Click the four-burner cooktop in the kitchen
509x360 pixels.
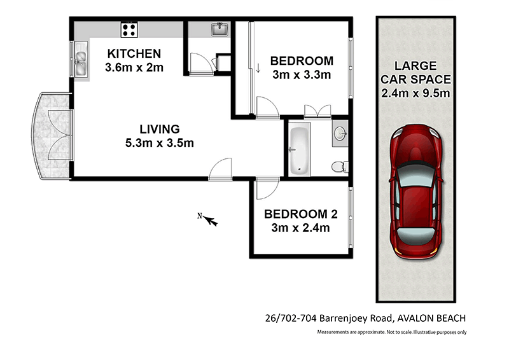130,29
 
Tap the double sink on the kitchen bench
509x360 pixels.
81,60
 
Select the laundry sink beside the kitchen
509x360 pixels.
220,29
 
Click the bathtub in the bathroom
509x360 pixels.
298,151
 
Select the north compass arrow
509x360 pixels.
209,220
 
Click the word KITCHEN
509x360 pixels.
134,53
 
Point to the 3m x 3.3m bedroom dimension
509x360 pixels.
301,75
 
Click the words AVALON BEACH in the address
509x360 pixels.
436,318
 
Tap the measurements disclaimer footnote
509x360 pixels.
393,332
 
